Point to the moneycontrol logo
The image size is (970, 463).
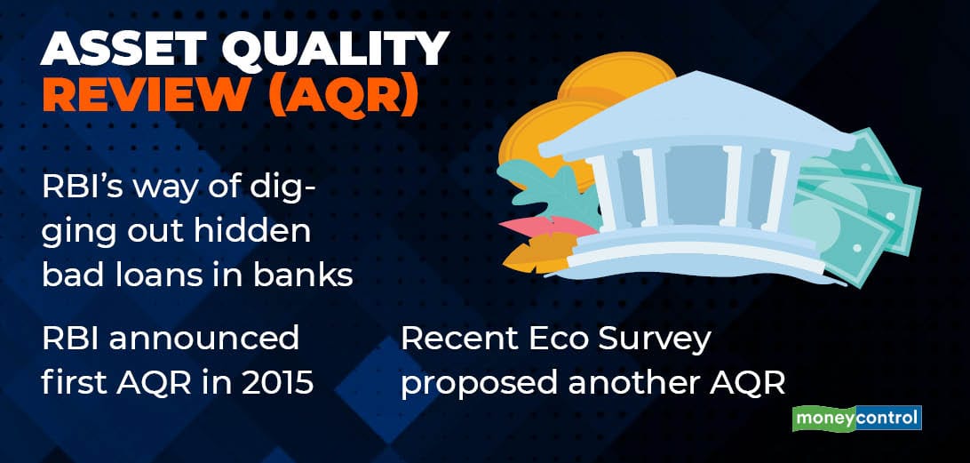pos(857,419)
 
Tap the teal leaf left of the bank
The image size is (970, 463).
pos(545,185)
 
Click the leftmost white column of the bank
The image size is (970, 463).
pos(602,192)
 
